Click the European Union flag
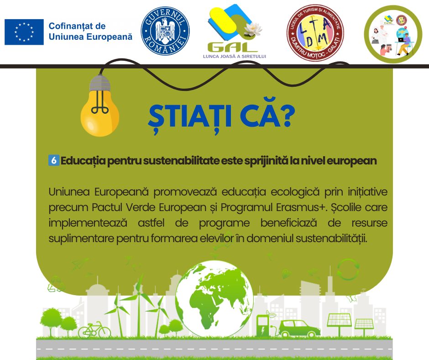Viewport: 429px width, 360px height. [24, 32]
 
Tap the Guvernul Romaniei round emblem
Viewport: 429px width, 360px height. [165, 31]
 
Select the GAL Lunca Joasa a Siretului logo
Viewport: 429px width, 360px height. [235, 31]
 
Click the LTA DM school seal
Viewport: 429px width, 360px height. [315, 32]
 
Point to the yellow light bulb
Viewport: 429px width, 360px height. [100, 106]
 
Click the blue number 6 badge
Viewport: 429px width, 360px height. [54, 160]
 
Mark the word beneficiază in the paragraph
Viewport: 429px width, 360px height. [288, 223]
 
